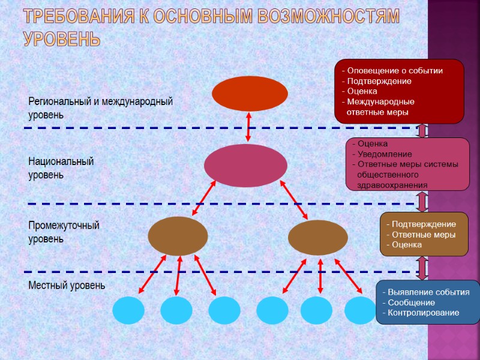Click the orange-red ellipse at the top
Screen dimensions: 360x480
(250, 94)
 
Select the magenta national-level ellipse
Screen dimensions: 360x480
(245, 166)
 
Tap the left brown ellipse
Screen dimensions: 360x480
(178, 236)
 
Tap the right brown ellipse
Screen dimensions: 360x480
(317, 238)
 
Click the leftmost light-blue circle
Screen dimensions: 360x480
(128, 310)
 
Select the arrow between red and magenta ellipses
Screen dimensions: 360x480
(248, 127)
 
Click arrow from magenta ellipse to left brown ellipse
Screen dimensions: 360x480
(203, 199)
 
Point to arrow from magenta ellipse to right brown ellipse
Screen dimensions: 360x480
(294, 200)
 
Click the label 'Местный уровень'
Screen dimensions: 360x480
(67, 286)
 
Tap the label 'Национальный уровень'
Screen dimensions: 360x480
(61, 169)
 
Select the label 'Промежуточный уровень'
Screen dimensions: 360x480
(64, 232)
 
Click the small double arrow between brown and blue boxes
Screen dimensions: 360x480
(422, 268)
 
